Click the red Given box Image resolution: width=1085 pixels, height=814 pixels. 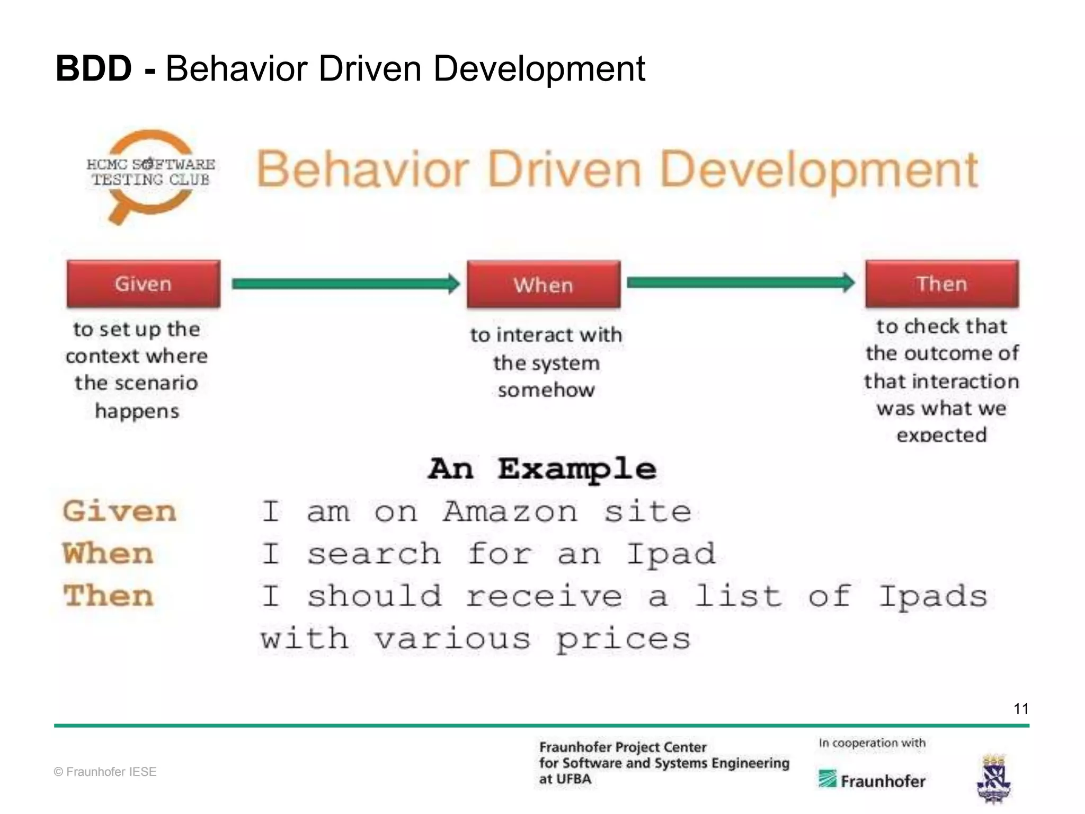(x=144, y=284)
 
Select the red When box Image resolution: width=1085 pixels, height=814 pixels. (x=544, y=285)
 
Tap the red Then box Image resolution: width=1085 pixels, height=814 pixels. (x=942, y=284)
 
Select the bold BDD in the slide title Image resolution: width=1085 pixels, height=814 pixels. (x=94, y=68)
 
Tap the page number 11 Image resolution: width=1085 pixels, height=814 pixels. (x=1021, y=709)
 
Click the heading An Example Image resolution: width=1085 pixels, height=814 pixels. (x=542, y=469)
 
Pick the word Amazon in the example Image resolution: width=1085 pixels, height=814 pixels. (x=510, y=512)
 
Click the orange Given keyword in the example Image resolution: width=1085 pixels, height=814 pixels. (x=119, y=511)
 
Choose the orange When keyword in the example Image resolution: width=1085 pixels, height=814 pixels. (x=108, y=554)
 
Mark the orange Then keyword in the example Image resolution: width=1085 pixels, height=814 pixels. (x=109, y=596)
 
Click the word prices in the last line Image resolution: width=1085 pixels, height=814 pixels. (x=623, y=640)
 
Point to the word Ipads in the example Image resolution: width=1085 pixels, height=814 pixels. (x=933, y=597)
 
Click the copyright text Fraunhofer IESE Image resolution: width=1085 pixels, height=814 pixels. (x=105, y=772)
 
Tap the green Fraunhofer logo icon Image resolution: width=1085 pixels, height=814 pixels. (x=827, y=779)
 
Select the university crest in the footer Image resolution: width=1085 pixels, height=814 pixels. (x=994, y=779)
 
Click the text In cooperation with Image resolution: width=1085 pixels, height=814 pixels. (x=872, y=743)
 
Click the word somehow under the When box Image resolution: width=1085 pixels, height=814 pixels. (x=546, y=390)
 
